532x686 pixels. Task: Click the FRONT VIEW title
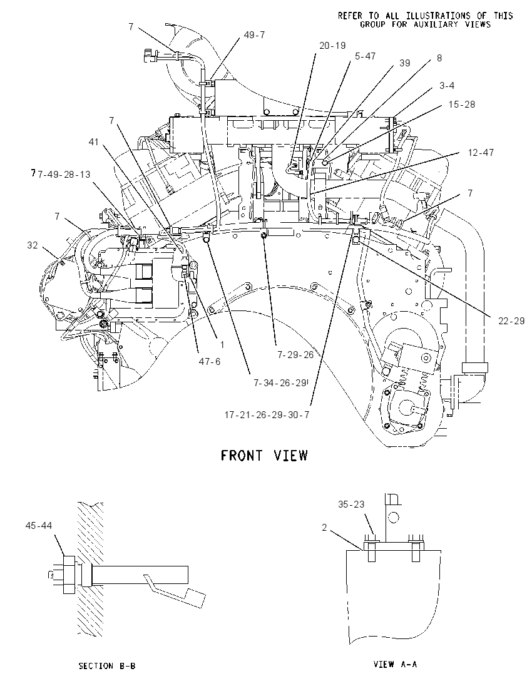(x=264, y=456)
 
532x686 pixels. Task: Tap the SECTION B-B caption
(x=107, y=666)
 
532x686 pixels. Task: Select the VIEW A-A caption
(x=395, y=664)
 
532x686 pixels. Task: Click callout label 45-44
(x=39, y=525)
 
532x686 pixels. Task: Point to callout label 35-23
(x=351, y=504)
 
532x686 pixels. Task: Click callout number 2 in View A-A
(x=324, y=528)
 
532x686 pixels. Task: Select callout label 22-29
(x=511, y=320)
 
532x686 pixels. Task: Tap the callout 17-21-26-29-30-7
(x=267, y=414)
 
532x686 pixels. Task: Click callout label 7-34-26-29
(x=280, y=383)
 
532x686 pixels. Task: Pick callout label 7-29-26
(x=295, y=354)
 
